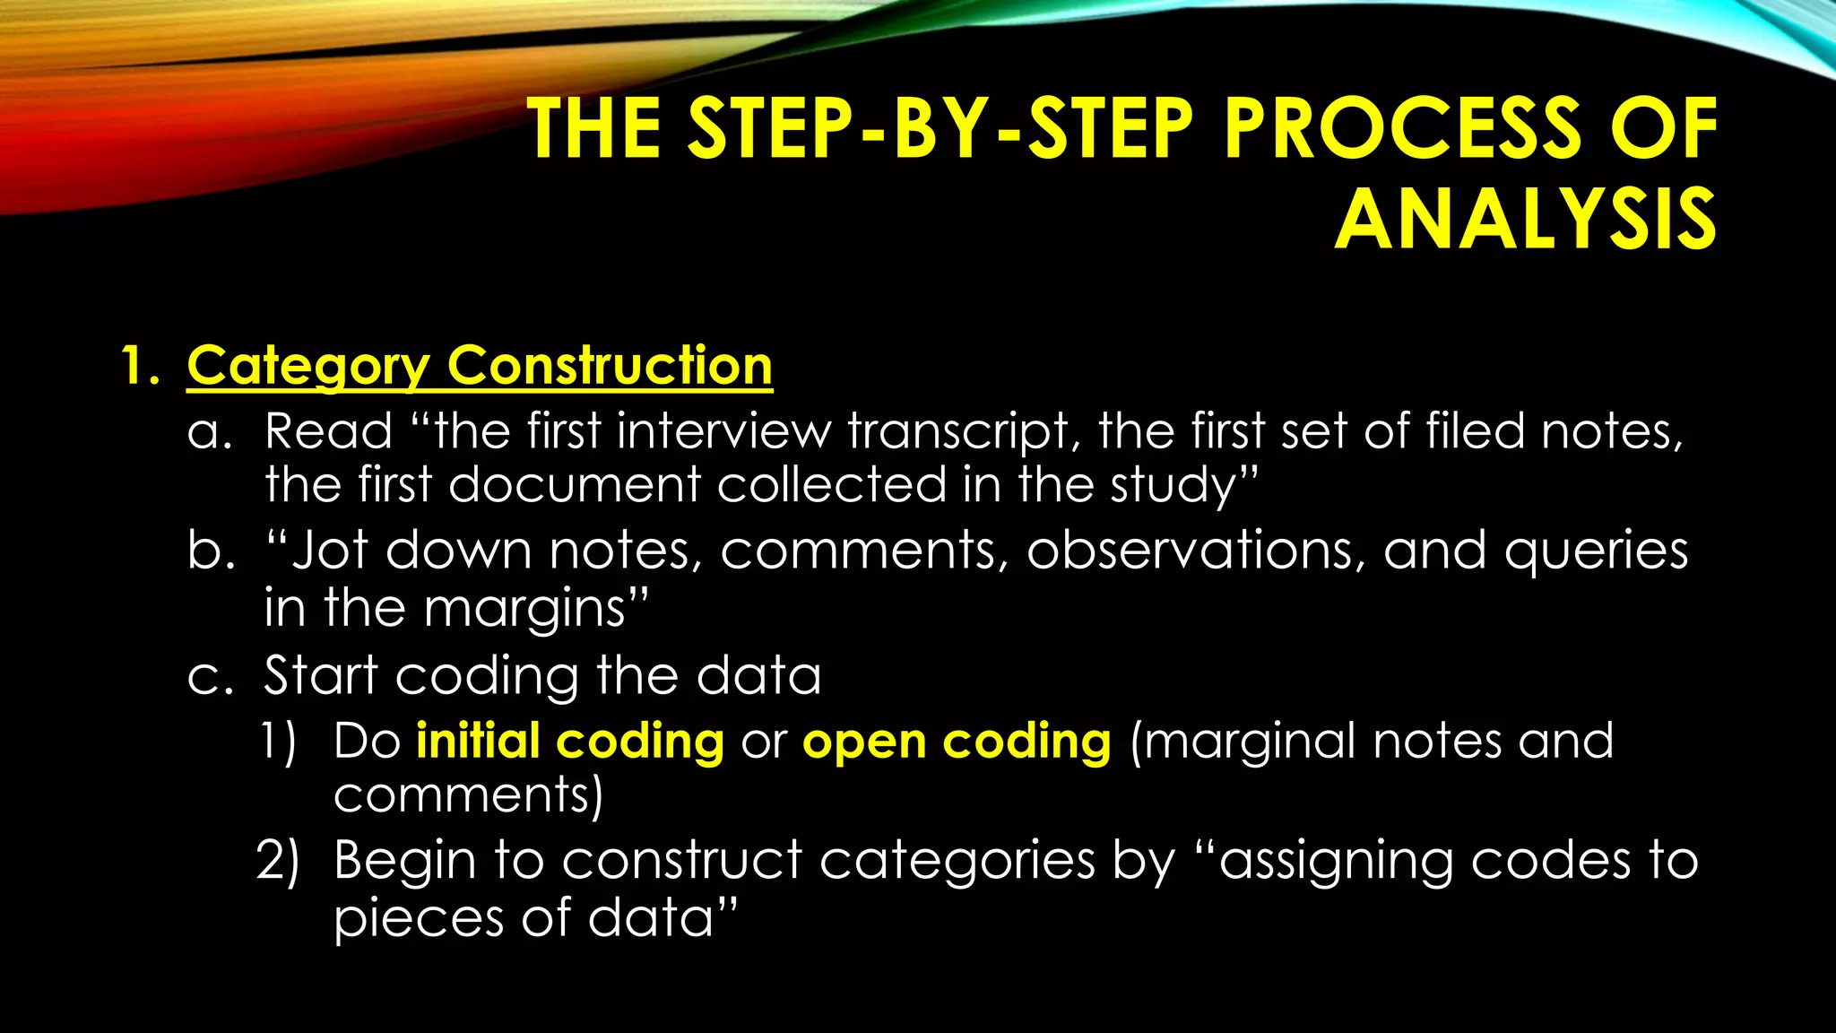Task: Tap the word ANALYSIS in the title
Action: point(1525,220)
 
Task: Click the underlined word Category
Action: point(308,367)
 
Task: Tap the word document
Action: point(574,485)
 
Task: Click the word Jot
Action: point(330,550)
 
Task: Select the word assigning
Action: point(1336,863)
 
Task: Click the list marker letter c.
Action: point(210,676)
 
